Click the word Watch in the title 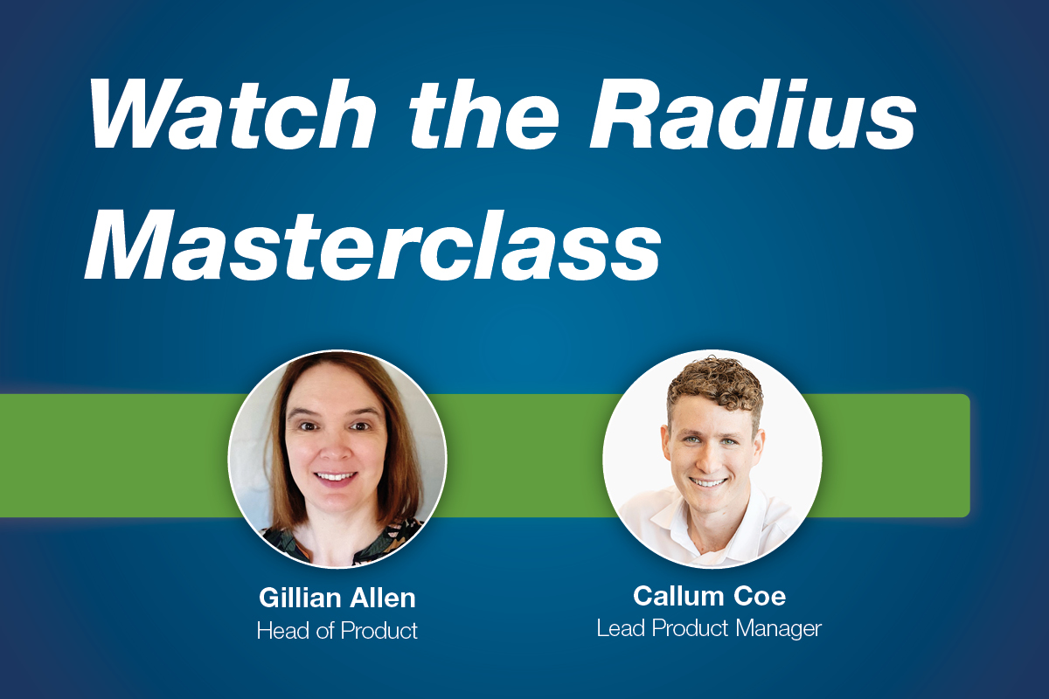pyautogui.click(x=233, y=114)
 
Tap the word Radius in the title pyautogui.click(x=753, y=114)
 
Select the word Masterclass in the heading pyautogui.click(x=372, y=246)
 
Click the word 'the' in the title pyautogui.click(x=483, y=114)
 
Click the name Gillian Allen pyautogui.click(x=337, y=598)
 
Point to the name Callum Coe pyautogui.click(x=710, y=596)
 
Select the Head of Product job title pyautogui.click(x=337, y=630)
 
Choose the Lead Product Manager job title pyautogui.click(x=709, y=629)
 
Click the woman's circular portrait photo pyautogui.click(x=337, y=460)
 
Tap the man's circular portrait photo pyautogui.click(x=712, y=460)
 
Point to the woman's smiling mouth pyautogui.click(x=336, y=478)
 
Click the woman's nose pyautogui.click(x=337, y=448)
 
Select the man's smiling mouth pyautogui.click(x=709, y=481)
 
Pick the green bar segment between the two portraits pyautogui.click(x=524, y=455)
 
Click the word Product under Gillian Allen pyautogui.click(x=379, y=630)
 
